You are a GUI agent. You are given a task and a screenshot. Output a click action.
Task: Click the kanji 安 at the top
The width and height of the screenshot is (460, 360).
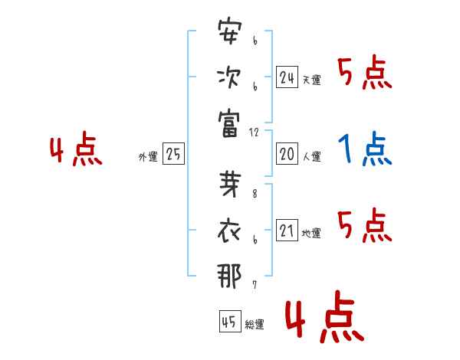(230, 31)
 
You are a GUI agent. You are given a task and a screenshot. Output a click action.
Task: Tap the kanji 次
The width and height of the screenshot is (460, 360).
(229, 77)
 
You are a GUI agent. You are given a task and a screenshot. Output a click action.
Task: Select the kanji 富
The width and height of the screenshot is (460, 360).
(228, 124)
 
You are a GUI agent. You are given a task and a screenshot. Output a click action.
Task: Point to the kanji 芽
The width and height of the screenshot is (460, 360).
(230, 184)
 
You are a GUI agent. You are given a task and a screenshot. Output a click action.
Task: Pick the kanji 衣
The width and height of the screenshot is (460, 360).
(229, 231)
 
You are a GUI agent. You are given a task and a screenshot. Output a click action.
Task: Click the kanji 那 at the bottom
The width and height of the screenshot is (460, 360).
(229, 277)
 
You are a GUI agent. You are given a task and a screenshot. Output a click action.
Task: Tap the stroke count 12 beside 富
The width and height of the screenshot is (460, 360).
(254, 133)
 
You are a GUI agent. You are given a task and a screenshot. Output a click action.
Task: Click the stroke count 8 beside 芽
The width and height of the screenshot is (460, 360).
(255, 194)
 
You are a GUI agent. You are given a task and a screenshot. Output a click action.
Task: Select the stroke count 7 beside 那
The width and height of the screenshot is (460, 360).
(255, 285)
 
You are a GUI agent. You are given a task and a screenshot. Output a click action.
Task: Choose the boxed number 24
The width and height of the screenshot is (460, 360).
(287, 77)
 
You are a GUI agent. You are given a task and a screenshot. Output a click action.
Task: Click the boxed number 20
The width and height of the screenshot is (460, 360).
(287, 154)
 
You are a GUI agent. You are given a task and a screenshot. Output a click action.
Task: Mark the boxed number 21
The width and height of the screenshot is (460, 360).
(287, 230)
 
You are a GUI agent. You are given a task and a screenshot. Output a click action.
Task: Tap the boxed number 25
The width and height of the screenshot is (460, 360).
(173, 153)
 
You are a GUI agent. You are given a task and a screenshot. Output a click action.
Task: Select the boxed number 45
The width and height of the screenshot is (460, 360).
(230, 321)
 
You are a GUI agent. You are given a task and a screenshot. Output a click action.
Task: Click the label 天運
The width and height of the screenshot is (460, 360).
(312, 80)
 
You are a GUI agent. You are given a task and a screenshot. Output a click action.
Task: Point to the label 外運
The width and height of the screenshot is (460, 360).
(148, 156)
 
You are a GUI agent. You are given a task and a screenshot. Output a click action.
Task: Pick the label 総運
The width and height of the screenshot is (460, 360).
(255, 324)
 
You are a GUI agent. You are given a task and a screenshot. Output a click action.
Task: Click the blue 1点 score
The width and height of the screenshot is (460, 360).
(365, 149)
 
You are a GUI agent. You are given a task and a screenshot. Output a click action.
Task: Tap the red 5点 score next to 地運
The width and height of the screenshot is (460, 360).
(365, 225)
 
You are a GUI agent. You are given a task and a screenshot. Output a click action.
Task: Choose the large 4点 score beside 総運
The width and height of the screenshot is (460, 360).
(325, 316)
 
